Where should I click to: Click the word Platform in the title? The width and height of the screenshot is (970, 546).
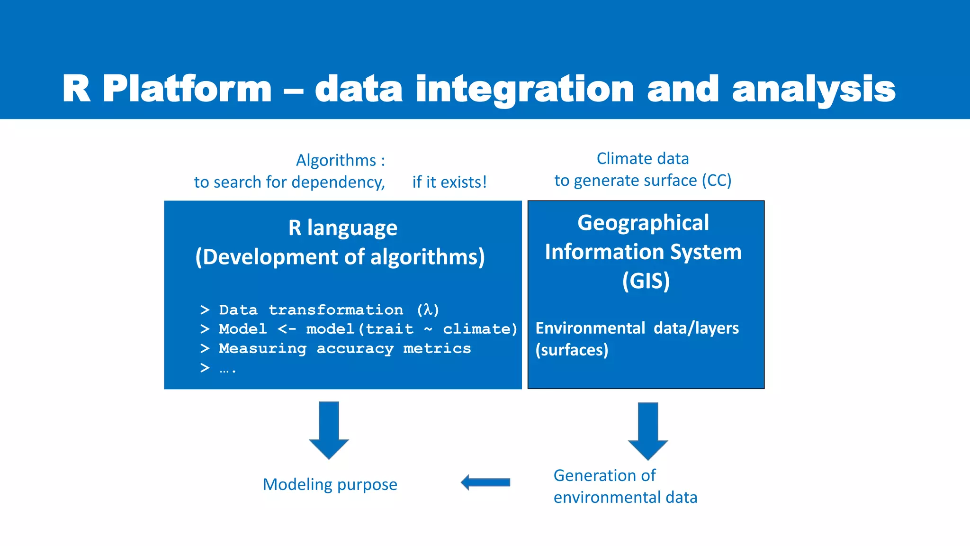click(x=187, y=89)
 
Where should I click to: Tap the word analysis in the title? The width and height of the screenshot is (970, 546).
click(x=813, y=89)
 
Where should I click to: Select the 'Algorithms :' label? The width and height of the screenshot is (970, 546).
click(x=341, y=160)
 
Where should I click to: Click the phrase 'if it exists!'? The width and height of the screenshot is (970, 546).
click(x=449, y=182)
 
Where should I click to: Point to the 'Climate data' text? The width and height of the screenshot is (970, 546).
click(x=642, y=158)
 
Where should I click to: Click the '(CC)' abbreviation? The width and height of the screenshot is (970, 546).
click(x=717, y=180)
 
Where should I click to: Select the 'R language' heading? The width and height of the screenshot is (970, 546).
click(x=342, y=228)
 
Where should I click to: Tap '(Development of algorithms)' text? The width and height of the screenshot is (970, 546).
click(x=340, y=257)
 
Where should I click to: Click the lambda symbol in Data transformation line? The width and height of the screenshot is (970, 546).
click(x=428, y=309)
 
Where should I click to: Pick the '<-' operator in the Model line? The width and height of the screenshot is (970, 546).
click(x=287, y=329)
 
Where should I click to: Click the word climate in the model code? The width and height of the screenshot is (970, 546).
click(x=480, y=329)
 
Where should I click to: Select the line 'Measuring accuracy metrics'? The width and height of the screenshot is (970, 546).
click(x=344, y=348)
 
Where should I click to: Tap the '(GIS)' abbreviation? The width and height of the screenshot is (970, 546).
click(x=646, y=281)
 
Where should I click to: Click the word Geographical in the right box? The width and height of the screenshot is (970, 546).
click(x=643, y=223)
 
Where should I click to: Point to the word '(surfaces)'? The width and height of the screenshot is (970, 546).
click(x=572, y=350)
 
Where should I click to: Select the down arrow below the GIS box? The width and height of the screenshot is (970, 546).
click(x=648, y=431)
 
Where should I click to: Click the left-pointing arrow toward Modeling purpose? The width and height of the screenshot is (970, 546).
click(x=485, y=482)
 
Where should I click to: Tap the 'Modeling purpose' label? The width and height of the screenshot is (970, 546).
click(x=330, y=484)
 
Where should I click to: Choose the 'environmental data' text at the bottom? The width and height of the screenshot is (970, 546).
click(x=625, y=497)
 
